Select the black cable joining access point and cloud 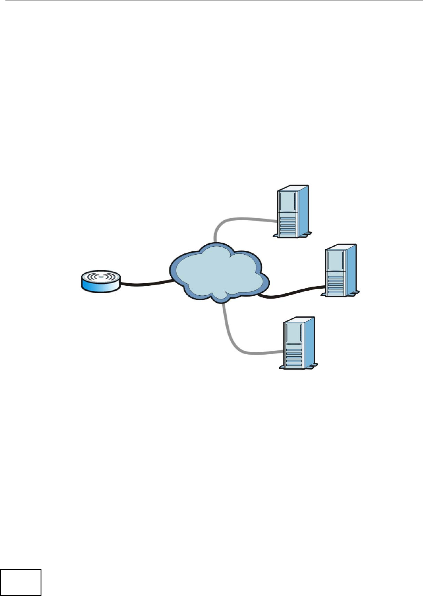click(145, 283)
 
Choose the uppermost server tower click(292, 211)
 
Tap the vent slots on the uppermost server click(288, 226)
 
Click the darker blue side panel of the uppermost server click(303, 210)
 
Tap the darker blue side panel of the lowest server click(309, 342)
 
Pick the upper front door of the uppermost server click(288, 201)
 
